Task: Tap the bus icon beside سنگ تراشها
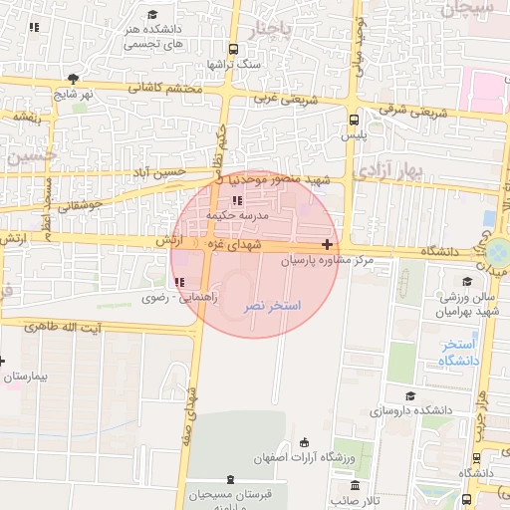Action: [x=233, y=49]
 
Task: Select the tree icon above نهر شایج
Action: [x=73, y=78]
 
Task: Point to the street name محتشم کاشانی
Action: [x=165, y=89]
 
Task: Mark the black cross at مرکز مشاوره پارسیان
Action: [x=328, y=244]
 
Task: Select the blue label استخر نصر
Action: [x=273, y=304]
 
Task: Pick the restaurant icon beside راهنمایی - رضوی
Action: [x=179, y=282]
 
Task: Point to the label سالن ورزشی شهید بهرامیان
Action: [x=470, y=306]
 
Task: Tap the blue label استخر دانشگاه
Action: [x=459, y=352]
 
